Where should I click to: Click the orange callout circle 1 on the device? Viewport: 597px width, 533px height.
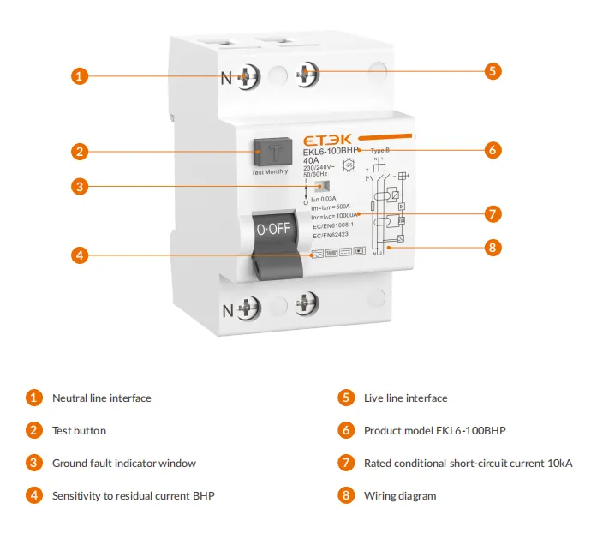(79, 75)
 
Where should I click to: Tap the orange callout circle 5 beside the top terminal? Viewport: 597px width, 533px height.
(493, 71)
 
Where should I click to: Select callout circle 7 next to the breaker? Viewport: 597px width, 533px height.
(493, 213)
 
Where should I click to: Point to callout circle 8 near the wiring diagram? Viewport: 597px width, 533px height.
(493, 248)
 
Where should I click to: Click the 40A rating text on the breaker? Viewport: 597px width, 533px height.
(313, 159)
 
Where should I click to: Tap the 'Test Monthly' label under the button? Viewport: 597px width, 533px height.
(269, 172)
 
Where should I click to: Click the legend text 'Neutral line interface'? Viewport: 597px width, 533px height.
(101, 398)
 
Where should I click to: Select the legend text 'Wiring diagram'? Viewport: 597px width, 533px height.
(399, 495)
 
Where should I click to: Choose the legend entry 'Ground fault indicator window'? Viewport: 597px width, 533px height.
(123, 463)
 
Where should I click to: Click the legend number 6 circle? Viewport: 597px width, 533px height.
(346, 430)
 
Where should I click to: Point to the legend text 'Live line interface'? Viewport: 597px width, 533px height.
(405, 398)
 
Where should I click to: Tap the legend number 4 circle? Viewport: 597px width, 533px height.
(34, 495)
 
